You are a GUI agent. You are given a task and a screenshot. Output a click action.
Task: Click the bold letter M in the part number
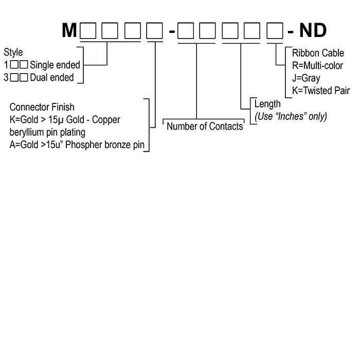[x=69, y=30]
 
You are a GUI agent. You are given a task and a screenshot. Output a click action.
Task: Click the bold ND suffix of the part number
[x=313, y=30]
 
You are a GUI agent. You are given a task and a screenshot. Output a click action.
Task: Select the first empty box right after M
[x=88, y=31]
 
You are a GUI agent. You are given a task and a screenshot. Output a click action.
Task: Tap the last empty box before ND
[x=274, y=31]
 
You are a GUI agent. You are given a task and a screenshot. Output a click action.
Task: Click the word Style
[x=13, y=52]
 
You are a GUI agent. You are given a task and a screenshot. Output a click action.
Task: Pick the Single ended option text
[x=55, y=65]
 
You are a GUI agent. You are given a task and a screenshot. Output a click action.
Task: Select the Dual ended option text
[x=52, y=78]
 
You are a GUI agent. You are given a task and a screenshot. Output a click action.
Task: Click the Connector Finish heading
[x=42, y=107]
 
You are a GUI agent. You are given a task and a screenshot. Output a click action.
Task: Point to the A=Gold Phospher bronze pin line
[x=77, y=145]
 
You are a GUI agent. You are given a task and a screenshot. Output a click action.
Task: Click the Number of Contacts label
[x=205, y=126]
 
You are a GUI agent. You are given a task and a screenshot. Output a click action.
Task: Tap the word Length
[x=267, y=104]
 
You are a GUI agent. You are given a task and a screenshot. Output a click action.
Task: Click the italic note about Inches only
[x=291, y=116]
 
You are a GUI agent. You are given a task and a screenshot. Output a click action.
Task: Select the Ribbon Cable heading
[x=318, y=53]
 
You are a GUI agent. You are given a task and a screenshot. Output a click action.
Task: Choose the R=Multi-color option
[x=317, y=66]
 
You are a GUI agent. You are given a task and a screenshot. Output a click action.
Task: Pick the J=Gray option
[x=306, y=79]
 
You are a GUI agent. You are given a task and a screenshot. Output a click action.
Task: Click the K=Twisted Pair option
[x=320, y=91]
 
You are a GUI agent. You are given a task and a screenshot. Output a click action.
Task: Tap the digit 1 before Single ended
[x=6, y=65]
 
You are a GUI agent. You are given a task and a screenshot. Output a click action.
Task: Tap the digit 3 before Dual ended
[x=6, y=78]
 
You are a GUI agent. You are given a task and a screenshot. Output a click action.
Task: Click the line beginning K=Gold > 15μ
[x=65, y=120]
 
